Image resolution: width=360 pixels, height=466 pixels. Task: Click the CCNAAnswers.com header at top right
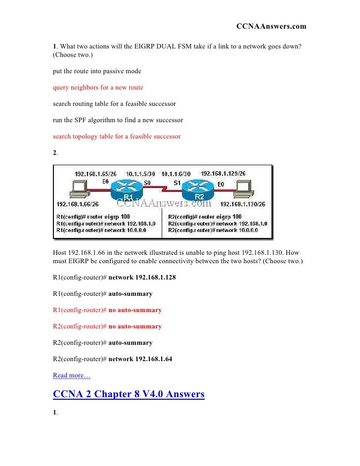click(271, 26)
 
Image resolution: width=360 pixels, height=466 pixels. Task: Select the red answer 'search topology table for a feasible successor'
click(117, 137)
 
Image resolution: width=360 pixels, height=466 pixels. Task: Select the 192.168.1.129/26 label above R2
click(223, 174)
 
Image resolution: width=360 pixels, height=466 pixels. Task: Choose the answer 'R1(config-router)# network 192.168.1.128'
click(114, 278)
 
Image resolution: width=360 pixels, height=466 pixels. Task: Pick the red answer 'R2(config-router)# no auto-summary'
click(107, 326)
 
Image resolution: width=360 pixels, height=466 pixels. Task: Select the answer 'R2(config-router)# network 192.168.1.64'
click(112, 359)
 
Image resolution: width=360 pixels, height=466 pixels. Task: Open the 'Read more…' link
click(68, 375)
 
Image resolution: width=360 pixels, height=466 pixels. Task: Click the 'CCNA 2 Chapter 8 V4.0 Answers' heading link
click(128, 394)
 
